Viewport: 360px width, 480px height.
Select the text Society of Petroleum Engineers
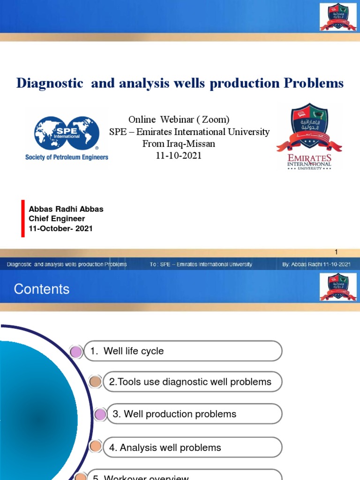tap(67, 157)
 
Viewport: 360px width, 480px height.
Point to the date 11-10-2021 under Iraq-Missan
tap(179, 156)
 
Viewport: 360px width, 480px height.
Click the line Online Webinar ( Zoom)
tap(179, 120)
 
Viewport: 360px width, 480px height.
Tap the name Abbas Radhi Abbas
tap(66, 209)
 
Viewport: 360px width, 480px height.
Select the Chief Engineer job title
tap(57, 219)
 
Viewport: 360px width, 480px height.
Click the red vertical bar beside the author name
tap(22, 218)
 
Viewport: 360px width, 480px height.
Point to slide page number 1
tap(336, 252)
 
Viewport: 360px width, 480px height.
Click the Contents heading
tap(42, 289)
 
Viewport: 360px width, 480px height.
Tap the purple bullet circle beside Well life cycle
tap(76, 351)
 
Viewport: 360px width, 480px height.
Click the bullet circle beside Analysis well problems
tap(95, 447)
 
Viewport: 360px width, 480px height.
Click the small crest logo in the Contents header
tap(337, 287)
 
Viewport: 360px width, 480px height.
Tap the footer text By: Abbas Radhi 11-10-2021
tap(316, 264)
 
